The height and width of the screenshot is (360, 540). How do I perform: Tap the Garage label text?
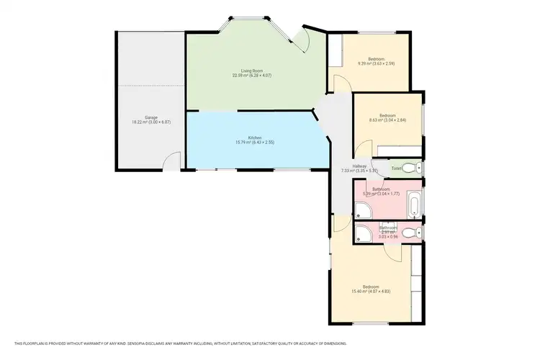pos(151,117)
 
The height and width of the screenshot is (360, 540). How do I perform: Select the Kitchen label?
pos(255,137)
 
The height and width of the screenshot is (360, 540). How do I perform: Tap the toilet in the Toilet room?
pos(409,168)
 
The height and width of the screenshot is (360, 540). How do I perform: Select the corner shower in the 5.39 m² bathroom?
pos(361,210)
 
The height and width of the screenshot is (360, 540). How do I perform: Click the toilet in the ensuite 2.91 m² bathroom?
pos(409,233)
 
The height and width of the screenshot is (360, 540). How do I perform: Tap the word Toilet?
pos(395,168)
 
